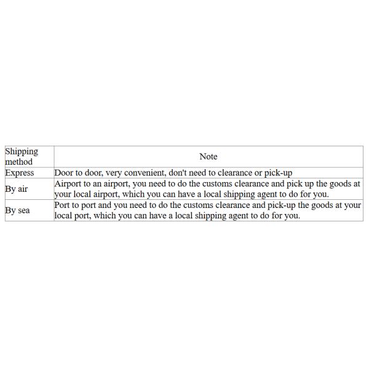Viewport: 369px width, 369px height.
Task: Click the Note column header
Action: coord(208,157)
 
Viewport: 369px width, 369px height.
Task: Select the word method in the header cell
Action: coord(18,162)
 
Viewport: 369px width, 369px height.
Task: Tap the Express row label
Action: coord(19,173)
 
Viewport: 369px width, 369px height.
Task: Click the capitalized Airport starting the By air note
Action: coord(69,184)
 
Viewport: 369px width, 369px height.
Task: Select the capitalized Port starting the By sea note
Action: coord(63,205)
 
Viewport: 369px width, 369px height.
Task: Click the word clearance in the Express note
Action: coord(241,173)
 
